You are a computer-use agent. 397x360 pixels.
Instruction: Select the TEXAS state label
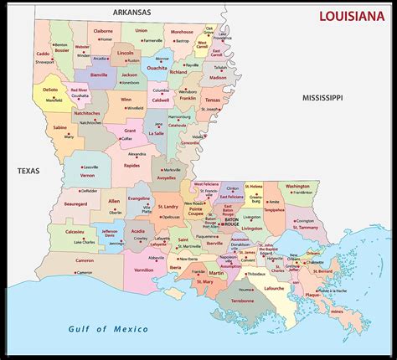tap(29, 171)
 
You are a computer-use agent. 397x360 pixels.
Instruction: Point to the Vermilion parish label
tap(143, 270)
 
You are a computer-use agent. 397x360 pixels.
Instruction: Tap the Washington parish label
tap(296, 186)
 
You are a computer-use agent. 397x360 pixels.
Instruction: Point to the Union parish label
tap(141, 30)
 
